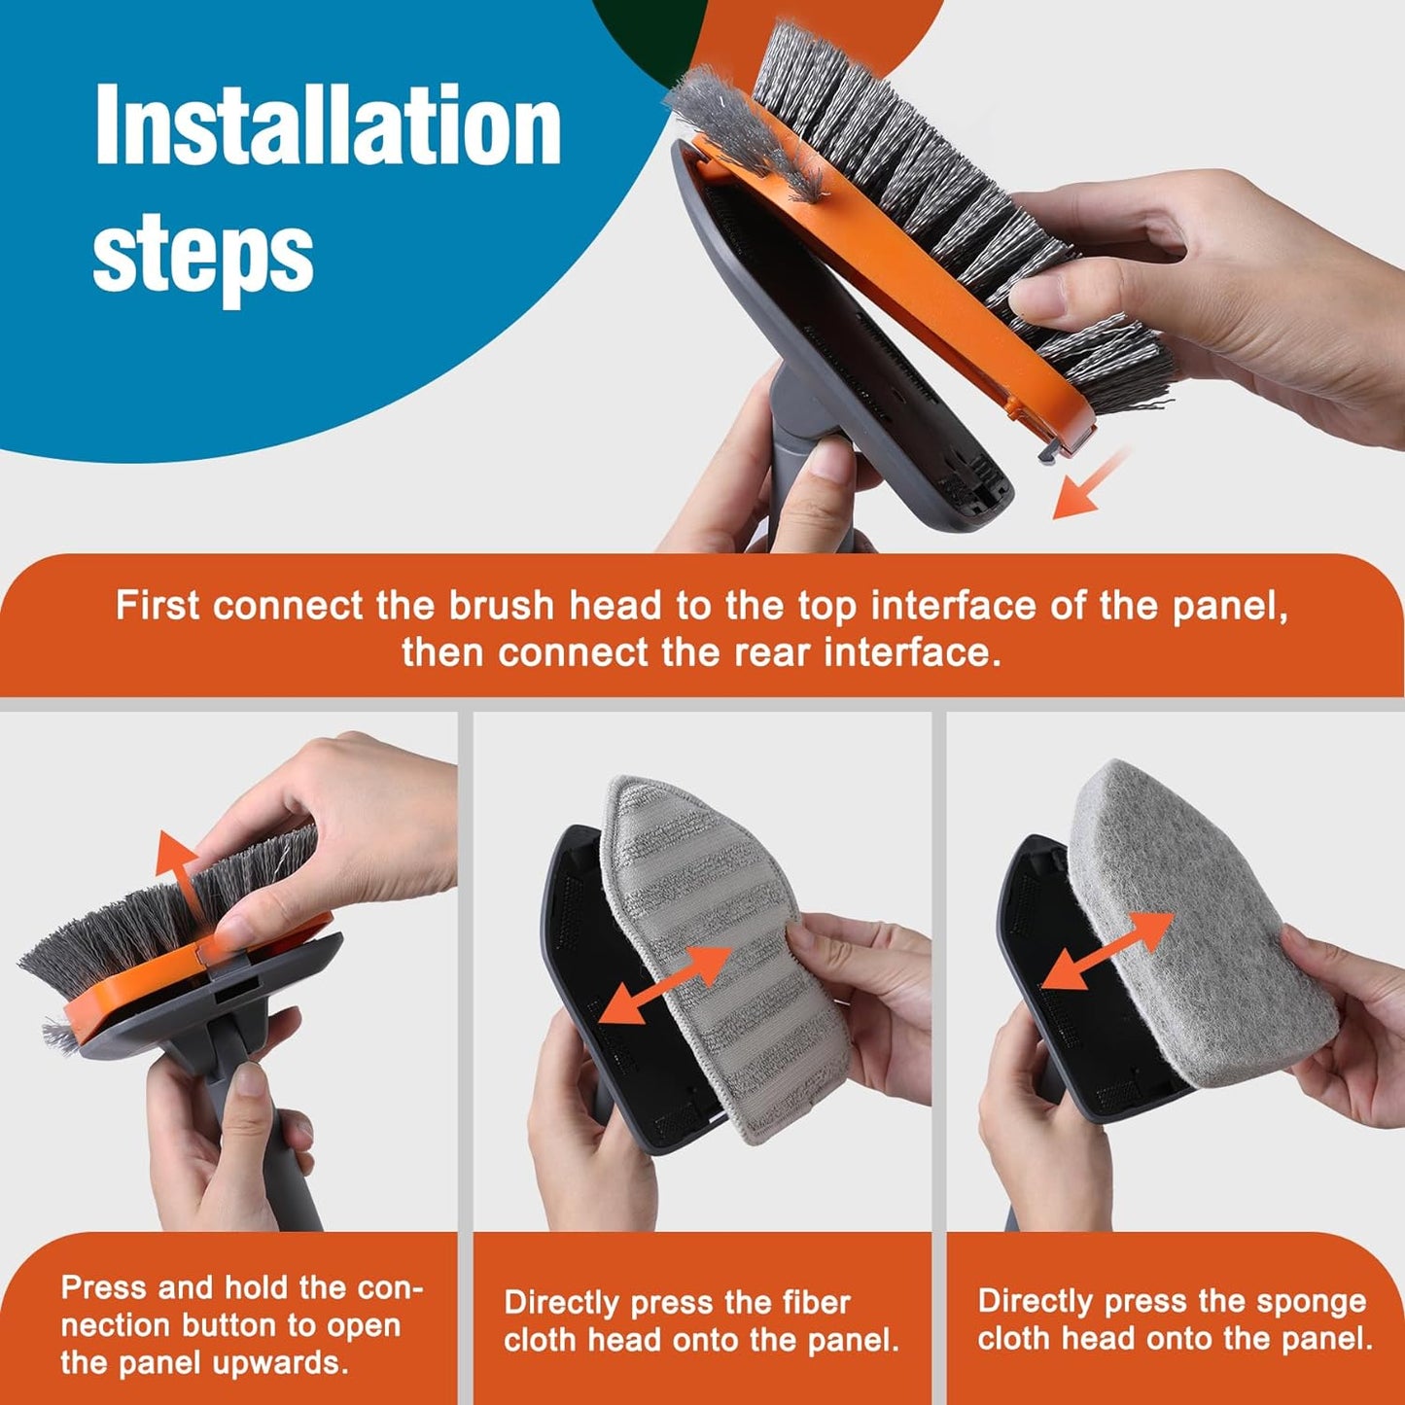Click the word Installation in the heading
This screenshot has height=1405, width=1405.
328,126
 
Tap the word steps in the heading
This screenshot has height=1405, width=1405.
202,255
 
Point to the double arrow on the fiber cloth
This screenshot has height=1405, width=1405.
665,984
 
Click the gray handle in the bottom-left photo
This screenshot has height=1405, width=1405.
292,1167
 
